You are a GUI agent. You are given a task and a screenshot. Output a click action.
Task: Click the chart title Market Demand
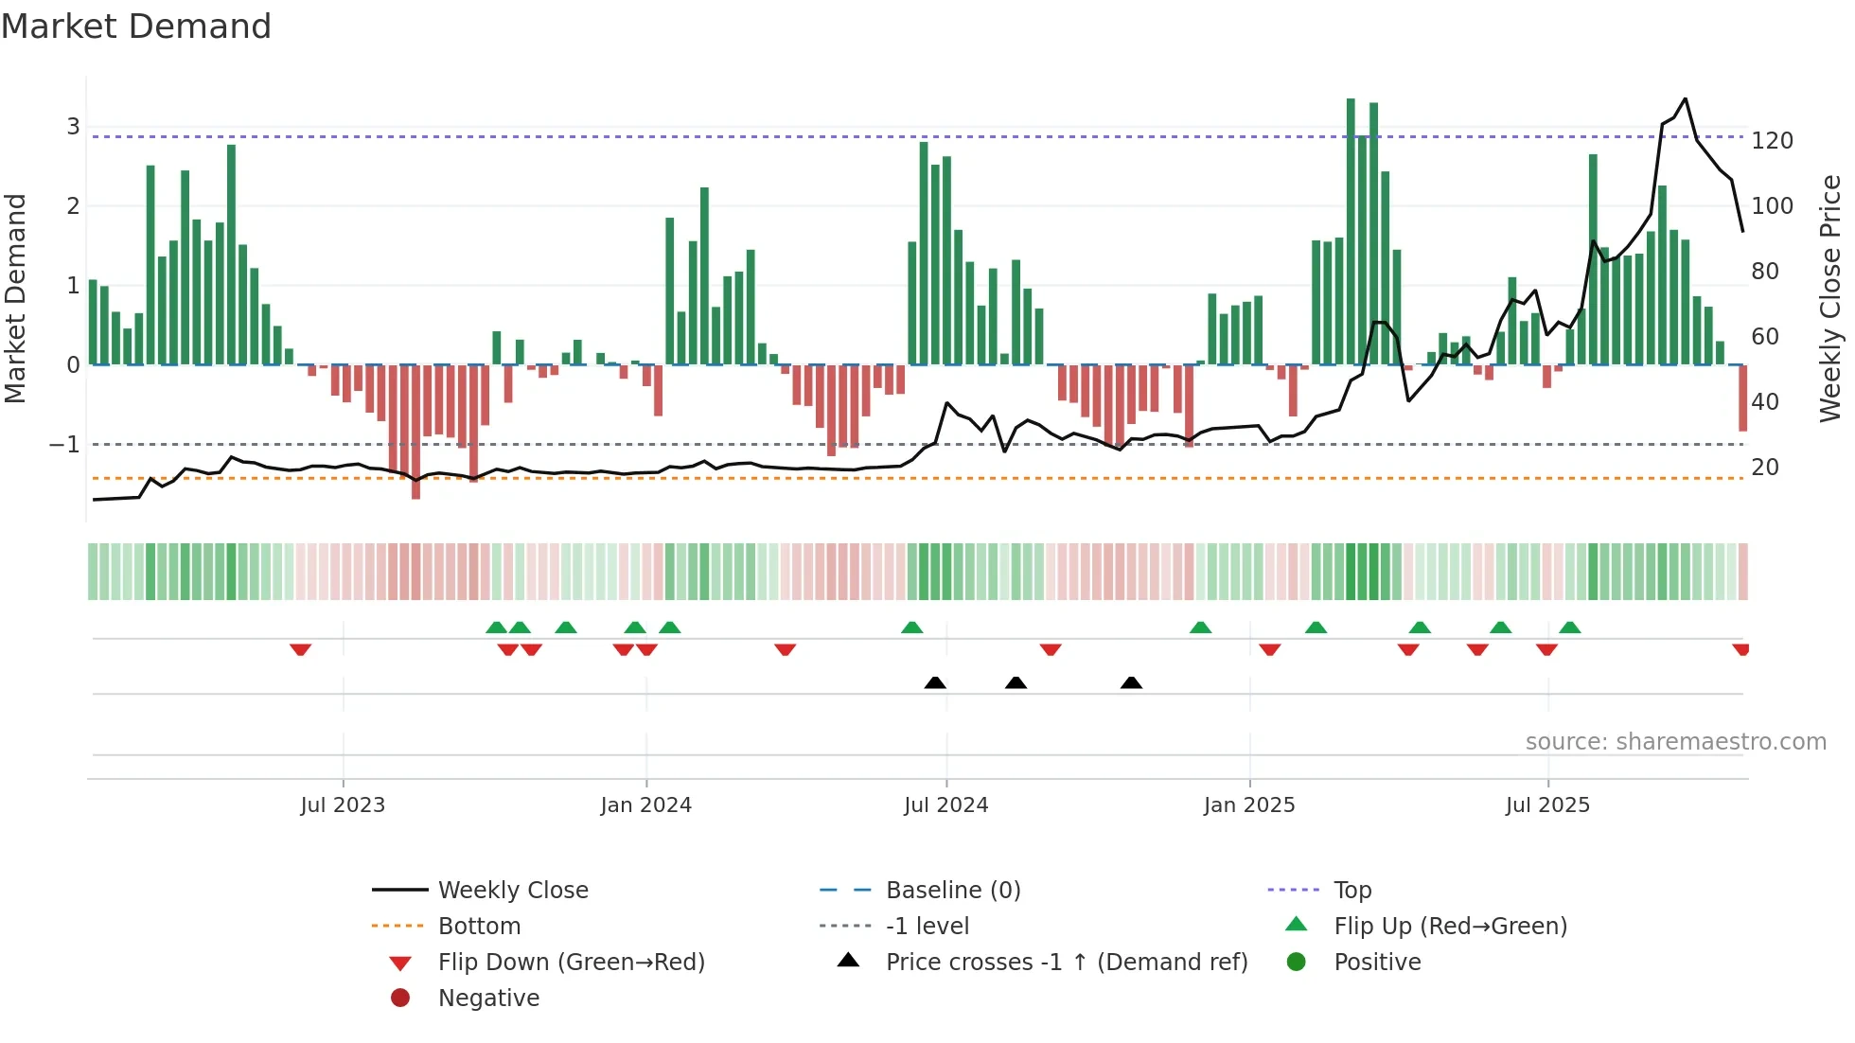pyautogui.click(x=136, y=27)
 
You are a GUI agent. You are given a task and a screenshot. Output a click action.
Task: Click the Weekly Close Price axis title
pyautogui.click(x=1830, y=298)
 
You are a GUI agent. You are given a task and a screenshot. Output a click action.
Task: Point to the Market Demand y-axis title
pyautogui.click(x=15, y=298)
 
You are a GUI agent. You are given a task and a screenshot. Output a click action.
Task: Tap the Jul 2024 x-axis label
pyautogui.click(x=945, y=805)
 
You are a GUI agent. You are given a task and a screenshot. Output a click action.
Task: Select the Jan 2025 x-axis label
pyautogui.click(x=1248, y=805)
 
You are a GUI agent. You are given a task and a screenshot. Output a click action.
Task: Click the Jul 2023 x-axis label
pyautogui.click(x=343, y=805)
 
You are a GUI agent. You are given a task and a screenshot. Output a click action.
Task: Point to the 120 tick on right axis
pyautogui.click(x=1772, y=141)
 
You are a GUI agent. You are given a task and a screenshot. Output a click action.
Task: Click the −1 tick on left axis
pyautogui.click(x=64, y=445)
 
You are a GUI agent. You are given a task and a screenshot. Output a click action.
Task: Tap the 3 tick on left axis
pyautogui.click(x=73, y=127)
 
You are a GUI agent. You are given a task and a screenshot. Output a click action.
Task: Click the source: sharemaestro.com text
pyautogui.click(x=1675, y=742)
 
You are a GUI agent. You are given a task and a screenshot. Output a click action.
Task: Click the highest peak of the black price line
pyautogui.click(x=1685, y=98)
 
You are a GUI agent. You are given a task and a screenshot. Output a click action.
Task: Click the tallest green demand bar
pyautogui.click(x=1351, y=232)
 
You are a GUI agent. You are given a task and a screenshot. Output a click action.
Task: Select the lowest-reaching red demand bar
pyautogui.click(x=415, y=432)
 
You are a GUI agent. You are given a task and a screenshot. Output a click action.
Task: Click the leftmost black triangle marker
pyautogui.click(x=935, y=682)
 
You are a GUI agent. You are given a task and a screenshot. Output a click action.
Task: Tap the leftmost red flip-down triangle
pyautogui.click(x=300, y=649)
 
